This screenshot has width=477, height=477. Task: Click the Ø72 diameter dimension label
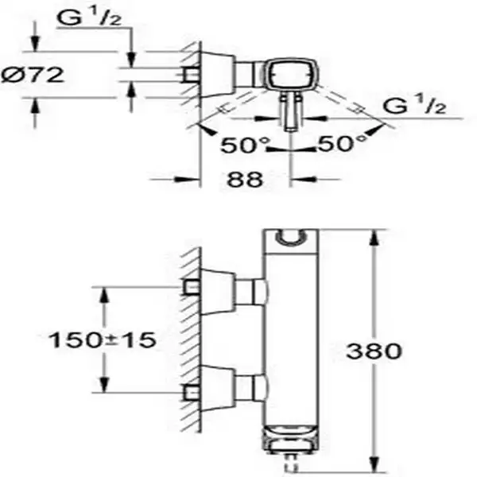[x=33, y=75]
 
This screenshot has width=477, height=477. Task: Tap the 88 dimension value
[x=245, y=179]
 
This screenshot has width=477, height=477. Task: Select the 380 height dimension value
[x=374, y=351]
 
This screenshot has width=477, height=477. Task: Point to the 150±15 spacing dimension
[x=103, y=339]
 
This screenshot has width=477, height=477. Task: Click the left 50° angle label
[x=245, y=145]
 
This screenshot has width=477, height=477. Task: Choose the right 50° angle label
[x=342, y=143]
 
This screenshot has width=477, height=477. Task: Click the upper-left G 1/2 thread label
[x=89, y=18]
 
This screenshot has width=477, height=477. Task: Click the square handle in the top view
[x=292, y=74]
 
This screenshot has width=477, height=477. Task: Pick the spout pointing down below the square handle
[x=291, y=112]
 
